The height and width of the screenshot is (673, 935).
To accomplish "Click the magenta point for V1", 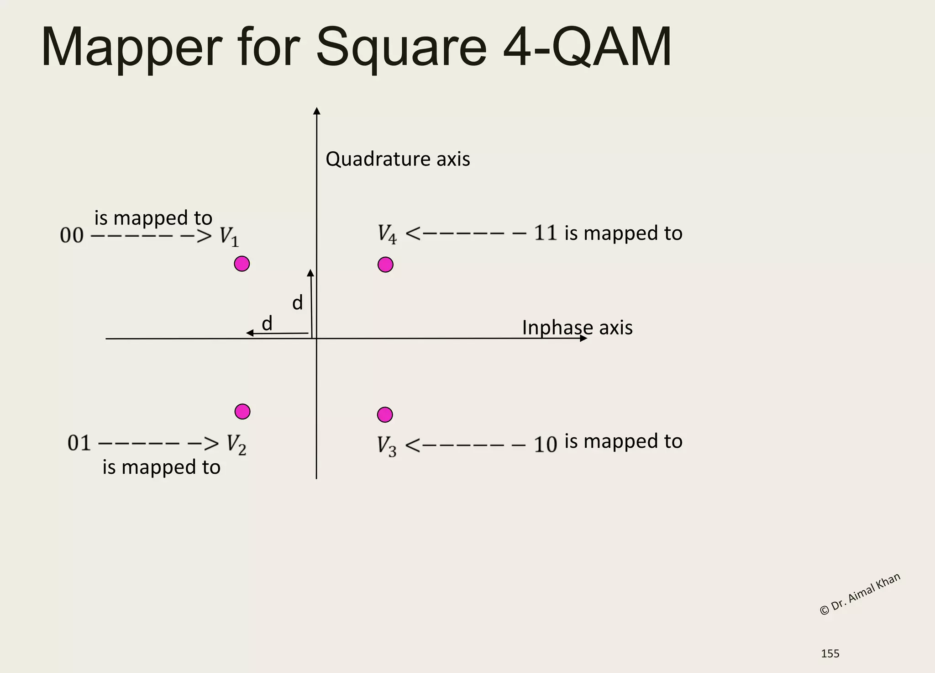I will (242, 264).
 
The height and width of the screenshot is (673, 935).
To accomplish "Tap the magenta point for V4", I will (385, 265).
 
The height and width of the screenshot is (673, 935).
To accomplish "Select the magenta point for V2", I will (242, 412).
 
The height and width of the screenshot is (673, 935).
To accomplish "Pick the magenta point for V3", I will (385, 414).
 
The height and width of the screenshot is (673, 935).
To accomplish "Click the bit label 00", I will (72, 236).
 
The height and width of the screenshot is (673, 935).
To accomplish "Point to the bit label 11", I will (545, 233).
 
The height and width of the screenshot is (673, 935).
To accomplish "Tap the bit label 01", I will (79, 443).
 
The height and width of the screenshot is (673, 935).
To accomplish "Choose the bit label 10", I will (545, 445).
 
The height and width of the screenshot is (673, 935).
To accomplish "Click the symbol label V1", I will (229, 237).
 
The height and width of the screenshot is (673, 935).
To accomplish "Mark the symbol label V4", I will (387, 234).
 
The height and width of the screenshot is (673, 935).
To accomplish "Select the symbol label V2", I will (236, 444).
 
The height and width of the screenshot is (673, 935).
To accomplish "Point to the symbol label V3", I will (387, 446).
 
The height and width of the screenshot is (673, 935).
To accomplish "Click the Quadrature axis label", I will (397, 159).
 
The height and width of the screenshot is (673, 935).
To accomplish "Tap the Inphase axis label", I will (577, 328).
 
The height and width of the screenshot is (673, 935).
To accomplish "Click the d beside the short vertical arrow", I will (297, 303).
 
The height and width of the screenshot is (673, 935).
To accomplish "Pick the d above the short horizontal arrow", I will (267, 323).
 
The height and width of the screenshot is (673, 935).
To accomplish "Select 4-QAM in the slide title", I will (587, 48).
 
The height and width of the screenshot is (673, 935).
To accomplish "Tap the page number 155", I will (830, 654).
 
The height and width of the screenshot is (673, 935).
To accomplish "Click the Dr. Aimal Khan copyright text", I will (860, 594).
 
